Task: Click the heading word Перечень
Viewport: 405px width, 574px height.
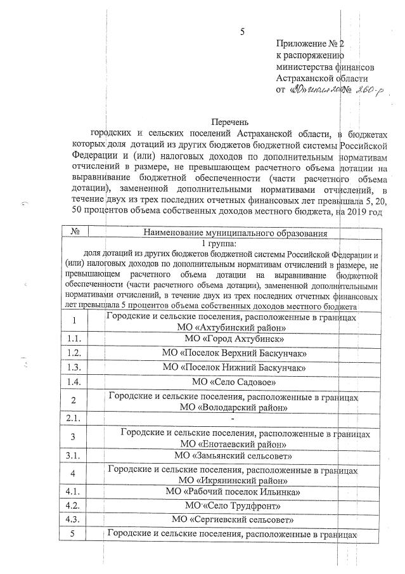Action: click(230, 122)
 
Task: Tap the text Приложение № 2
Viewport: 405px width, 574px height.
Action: click(309, 44)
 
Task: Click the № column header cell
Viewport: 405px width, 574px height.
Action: click(75, 233)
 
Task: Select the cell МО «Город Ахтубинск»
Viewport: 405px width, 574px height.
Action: click(232, 339)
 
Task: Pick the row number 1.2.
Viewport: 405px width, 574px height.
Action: click(75, 353)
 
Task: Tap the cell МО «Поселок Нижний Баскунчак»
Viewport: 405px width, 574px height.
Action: click(235, 367)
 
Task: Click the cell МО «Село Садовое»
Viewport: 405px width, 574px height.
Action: click(234, 382)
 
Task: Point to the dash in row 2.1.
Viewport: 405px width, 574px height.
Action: click(233, 418)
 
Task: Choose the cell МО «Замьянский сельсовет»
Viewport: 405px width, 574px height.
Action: click(233, 455)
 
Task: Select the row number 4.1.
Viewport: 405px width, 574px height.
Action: click(75, 492)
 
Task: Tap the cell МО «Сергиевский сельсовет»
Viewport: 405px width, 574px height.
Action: click(234, 519)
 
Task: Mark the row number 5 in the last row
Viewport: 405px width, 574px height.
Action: click(74, 533)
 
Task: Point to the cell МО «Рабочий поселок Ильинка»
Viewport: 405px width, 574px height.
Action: click(233, 492)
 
